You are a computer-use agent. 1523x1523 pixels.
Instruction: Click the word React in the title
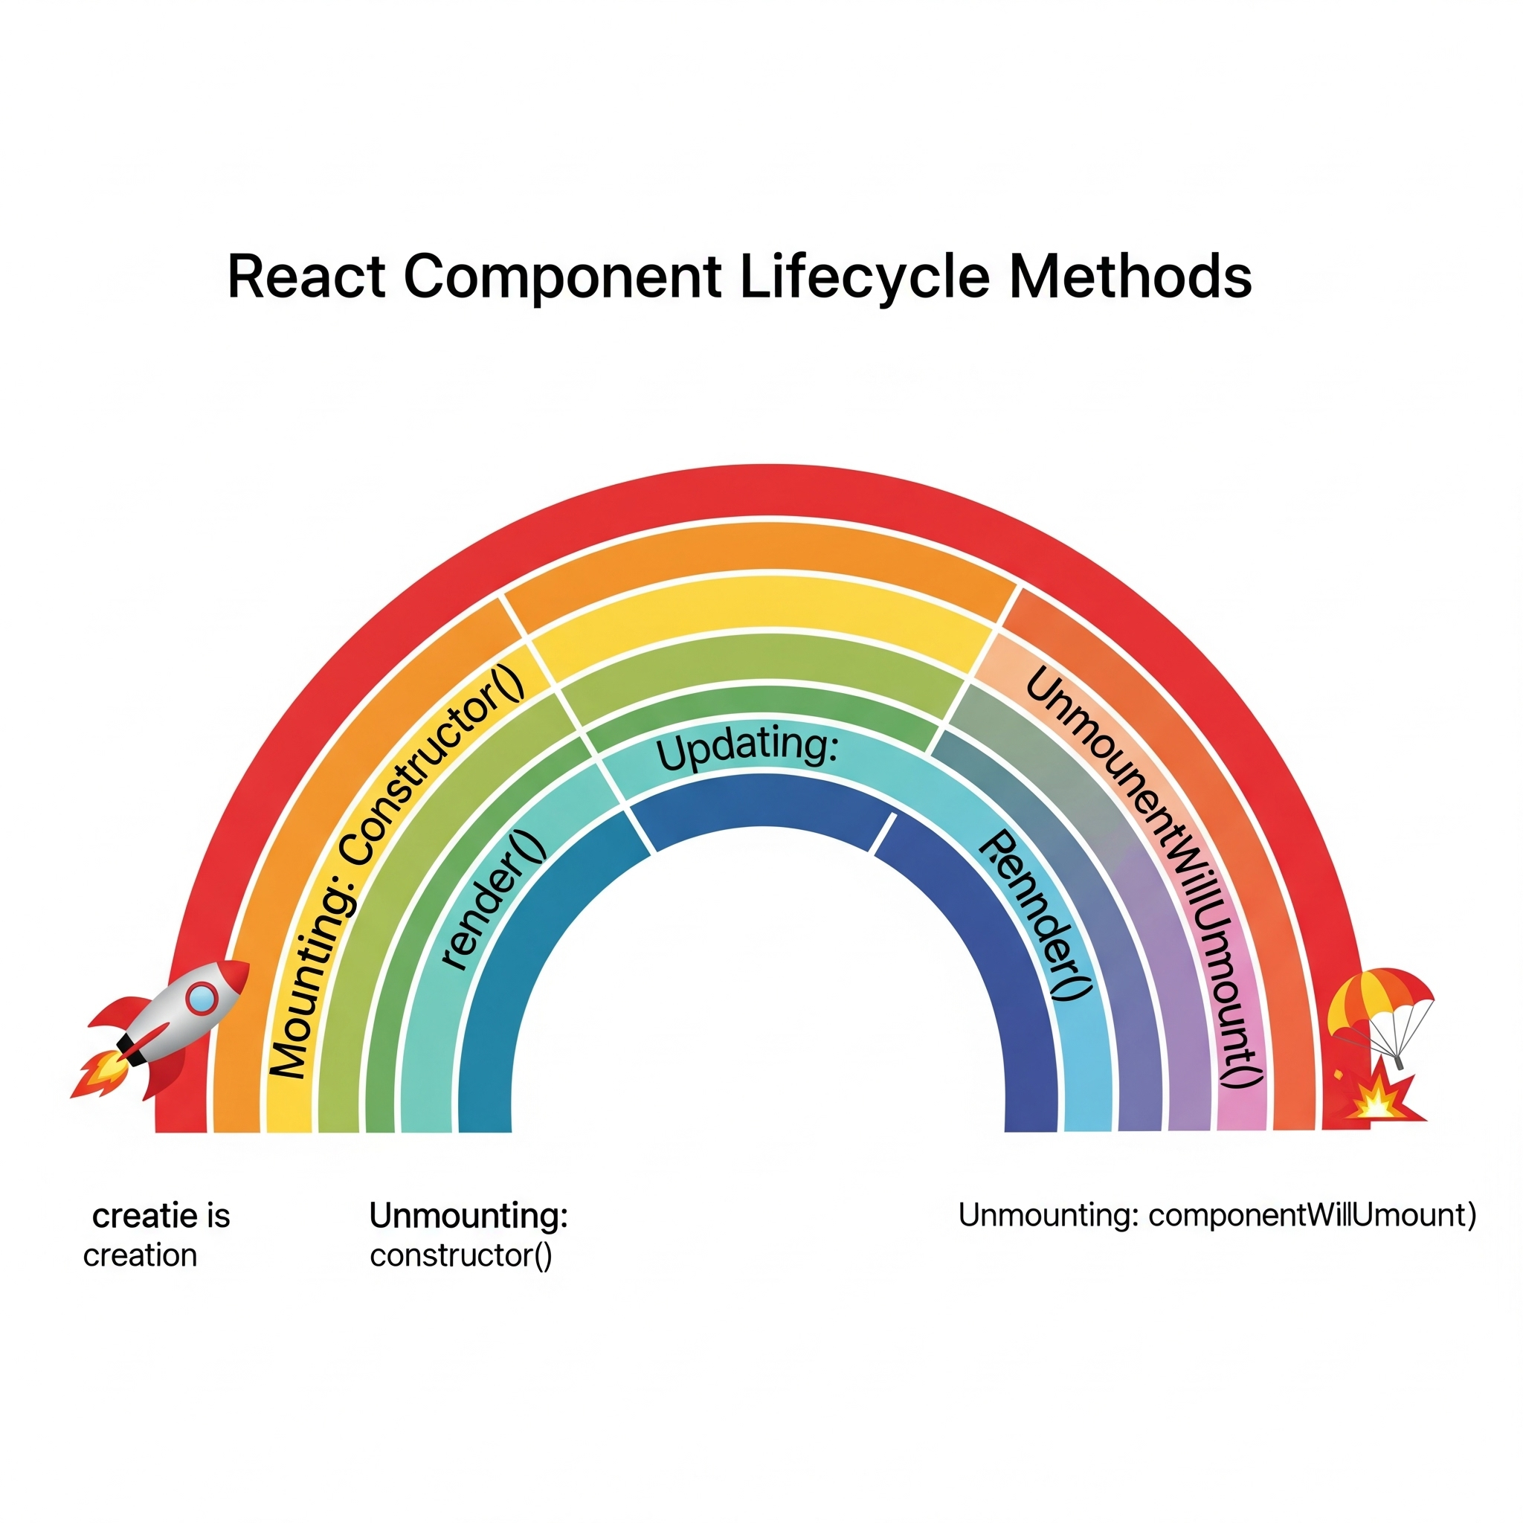(306, 277)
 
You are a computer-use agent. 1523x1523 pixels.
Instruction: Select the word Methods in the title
(1130, 277)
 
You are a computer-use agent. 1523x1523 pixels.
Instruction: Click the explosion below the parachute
(1376, 1100)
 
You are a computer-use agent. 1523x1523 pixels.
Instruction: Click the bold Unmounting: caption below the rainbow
(469, 1216)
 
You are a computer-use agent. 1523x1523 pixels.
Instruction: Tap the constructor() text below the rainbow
(461, 1256)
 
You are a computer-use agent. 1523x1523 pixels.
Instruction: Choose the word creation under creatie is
(141, 1256)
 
